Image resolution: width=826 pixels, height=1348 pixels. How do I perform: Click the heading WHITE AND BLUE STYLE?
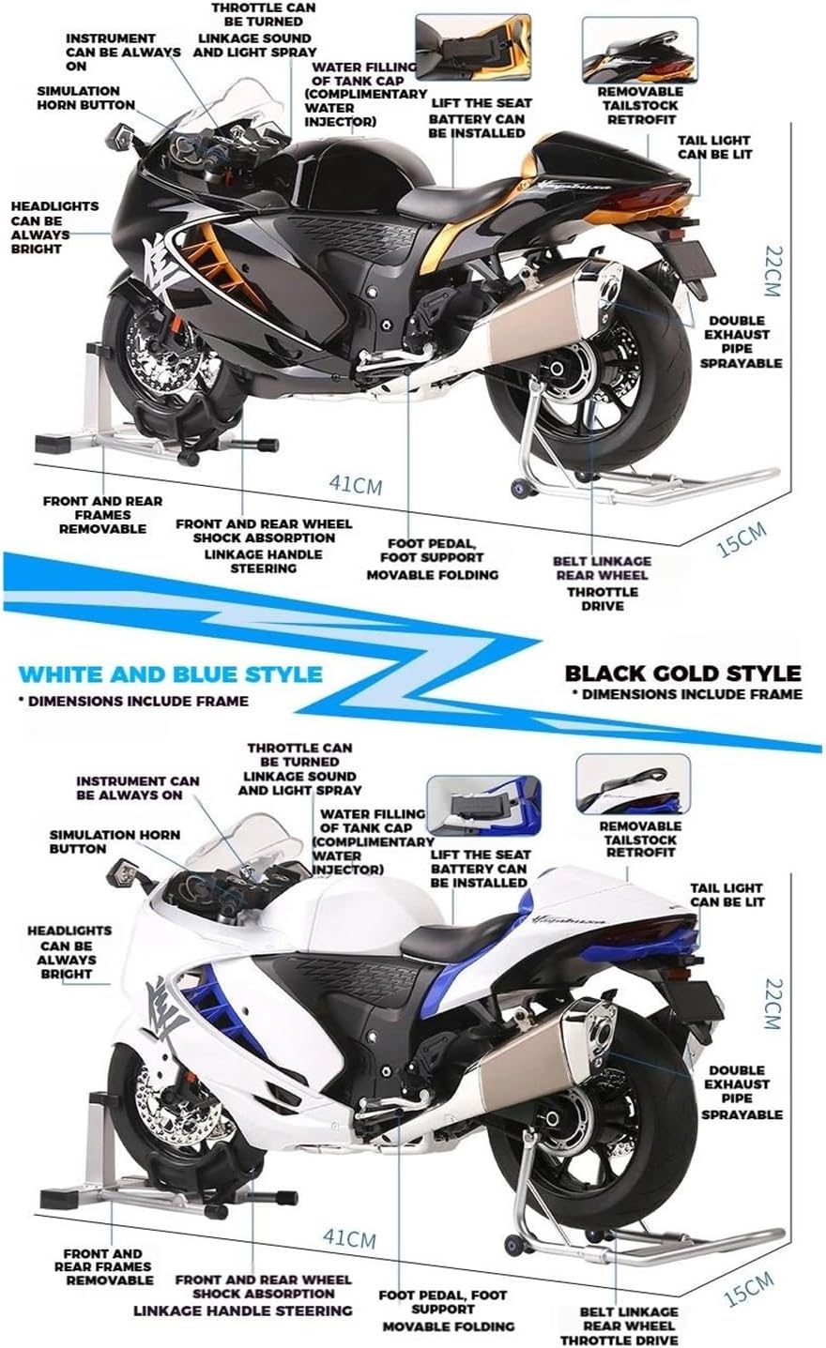(x=170, y=674)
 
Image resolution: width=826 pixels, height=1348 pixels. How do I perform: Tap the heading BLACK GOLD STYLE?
(x=682, y=673)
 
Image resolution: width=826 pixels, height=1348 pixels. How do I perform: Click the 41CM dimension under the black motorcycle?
(x=355, y=484)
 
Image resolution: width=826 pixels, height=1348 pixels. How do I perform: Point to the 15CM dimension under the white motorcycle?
(x=749, y=1288)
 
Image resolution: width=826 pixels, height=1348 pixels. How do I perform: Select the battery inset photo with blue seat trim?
(x=482, y=804)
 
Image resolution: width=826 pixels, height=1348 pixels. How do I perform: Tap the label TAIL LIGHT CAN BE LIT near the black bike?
(x=714, y=146)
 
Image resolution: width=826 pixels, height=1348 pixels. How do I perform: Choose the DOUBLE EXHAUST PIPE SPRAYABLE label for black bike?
(x=741, y=341)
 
